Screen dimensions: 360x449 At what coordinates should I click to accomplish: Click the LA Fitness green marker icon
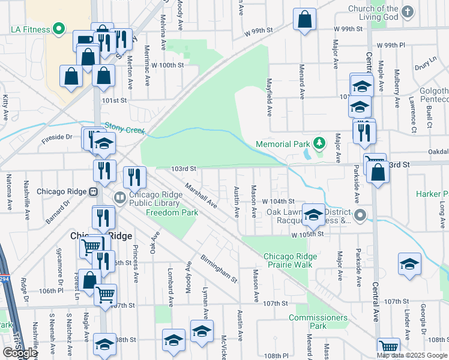click(x=58, y=28)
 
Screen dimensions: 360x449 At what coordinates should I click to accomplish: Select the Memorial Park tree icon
click(x=320, y=143)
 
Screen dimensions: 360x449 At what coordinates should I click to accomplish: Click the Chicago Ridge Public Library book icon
click(x=120, y=197)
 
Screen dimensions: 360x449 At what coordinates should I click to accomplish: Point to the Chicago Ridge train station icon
click(x=94, y=192)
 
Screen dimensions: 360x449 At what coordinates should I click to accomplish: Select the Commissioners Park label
click(x=318, y=322)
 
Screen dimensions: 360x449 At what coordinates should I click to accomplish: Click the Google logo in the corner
click(x=19, y=353)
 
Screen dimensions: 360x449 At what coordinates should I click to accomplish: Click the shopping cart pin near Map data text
click(x=388, y=347)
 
